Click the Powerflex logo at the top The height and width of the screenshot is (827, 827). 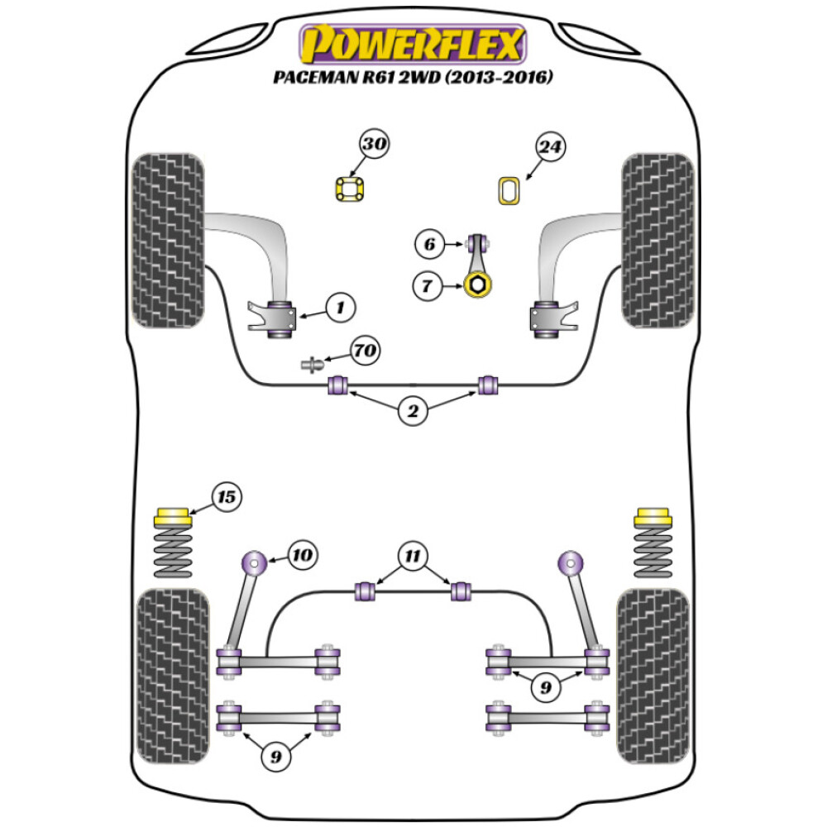413,45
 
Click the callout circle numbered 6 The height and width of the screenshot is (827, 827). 428,244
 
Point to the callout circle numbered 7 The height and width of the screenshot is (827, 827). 428,286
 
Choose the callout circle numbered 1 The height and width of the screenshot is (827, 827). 338,309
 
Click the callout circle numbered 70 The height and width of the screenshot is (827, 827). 365,351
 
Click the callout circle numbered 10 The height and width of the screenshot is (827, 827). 302,553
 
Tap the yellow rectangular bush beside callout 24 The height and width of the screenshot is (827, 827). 508,190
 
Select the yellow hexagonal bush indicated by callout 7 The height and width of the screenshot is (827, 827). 478,286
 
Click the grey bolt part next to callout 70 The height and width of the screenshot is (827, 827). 313,363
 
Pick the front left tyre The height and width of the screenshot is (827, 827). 169,240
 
